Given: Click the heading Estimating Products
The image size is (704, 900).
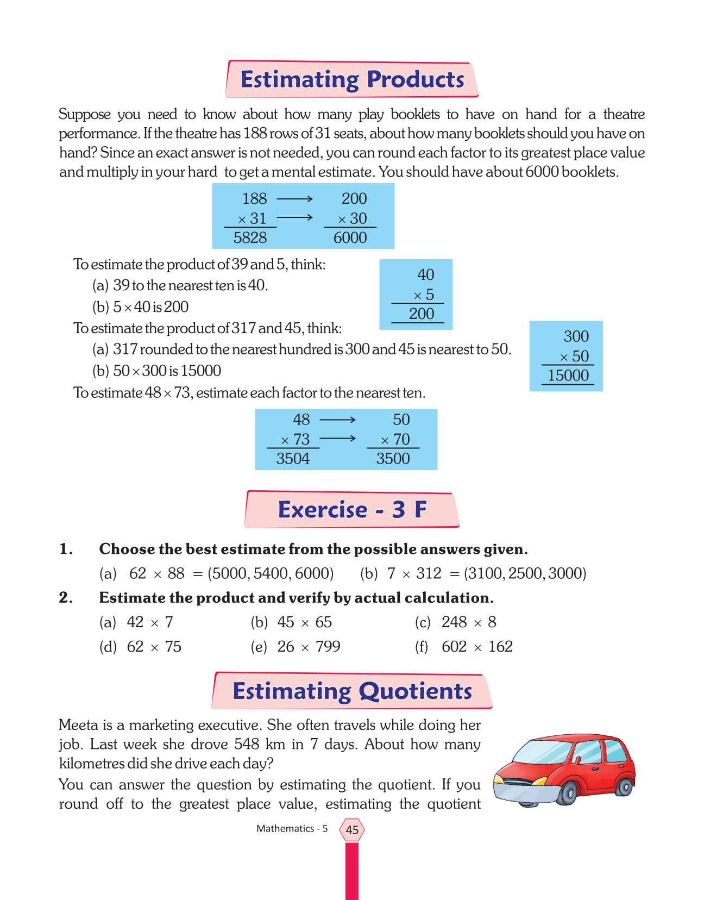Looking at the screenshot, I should pos(352,79).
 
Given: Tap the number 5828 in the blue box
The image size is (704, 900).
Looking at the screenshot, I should pos(250,237).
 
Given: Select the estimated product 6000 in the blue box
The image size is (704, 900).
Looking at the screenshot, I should pos(350,237).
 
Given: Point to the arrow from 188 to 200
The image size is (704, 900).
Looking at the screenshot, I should pos(294,199).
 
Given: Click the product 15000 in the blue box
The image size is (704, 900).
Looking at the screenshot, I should pos(568,376).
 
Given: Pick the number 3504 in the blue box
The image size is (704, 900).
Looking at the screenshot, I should pos(293,459).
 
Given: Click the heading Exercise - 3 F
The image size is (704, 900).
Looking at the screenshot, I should pos(352,510).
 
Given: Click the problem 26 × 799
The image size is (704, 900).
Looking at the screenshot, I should pos(309,647).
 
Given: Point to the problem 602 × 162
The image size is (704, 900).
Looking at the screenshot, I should pos(477,647).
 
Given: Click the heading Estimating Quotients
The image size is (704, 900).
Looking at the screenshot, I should pos(352,691).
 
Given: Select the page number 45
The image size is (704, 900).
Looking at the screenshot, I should pos(352,830).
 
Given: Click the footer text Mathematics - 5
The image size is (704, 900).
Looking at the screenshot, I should pos(292,829).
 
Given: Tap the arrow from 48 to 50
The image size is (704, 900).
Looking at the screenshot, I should pos(337,420).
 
